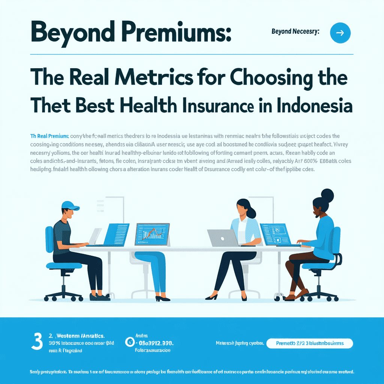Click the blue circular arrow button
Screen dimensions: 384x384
pos(340,33)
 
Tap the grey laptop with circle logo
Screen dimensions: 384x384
pos(222,238)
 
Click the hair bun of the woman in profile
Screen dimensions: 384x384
pos(327,195)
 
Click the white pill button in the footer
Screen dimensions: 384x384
pos(309,343)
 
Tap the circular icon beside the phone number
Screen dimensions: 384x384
pos(130,342)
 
